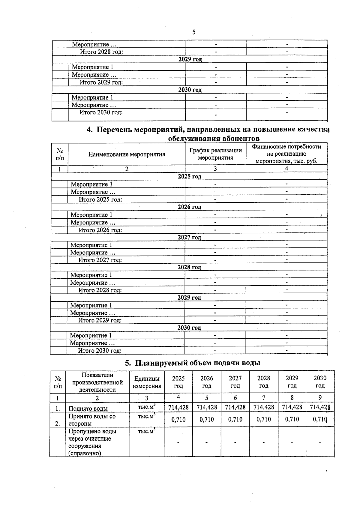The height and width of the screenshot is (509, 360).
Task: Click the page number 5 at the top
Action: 194,32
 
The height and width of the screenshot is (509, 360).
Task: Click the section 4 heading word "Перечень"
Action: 114,130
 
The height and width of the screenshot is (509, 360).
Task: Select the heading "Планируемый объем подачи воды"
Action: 197,363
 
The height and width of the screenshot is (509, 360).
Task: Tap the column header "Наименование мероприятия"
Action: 127,154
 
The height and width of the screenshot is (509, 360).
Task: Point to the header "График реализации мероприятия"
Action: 215,154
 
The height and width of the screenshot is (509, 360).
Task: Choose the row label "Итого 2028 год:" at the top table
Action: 101,52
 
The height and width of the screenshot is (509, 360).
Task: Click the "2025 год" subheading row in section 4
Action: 189,176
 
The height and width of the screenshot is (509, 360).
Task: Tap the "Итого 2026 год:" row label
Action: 100,230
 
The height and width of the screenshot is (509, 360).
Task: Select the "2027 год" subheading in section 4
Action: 189,237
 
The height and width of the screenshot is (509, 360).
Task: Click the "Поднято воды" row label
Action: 88,408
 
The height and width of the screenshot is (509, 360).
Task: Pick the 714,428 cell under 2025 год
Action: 178,407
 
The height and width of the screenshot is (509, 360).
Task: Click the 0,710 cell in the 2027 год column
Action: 235,419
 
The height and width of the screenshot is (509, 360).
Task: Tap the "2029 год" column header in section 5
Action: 292,382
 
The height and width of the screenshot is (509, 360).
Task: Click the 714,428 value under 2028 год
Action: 264,407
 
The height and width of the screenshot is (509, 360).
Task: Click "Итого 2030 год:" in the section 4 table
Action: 100,351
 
